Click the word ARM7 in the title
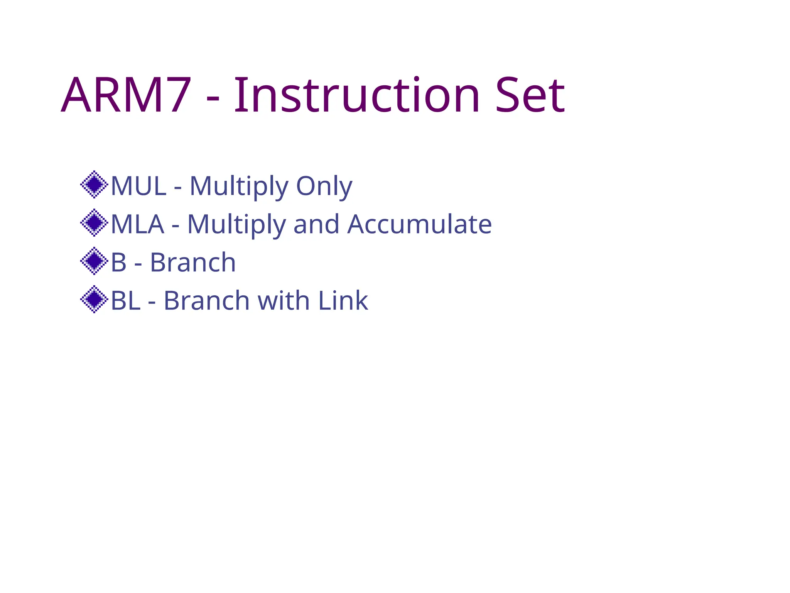[126, 95]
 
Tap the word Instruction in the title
[357, 95]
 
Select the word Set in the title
[530, 95]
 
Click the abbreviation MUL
[138, 186]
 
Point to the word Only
[324, 186]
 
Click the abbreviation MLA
[137, 224]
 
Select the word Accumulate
[419, 224]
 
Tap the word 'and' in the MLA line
[316, 224]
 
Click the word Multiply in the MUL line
[239, 186]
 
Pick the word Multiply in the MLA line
[236, 224]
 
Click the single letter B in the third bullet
[118, 263]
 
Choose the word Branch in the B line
[192, 263]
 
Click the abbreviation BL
[125, 301]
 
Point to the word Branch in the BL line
[206, 301]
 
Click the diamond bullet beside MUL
[94, 185]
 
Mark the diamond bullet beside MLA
[94, 223]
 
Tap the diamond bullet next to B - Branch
[94, 261]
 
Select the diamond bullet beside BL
[94, 299]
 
